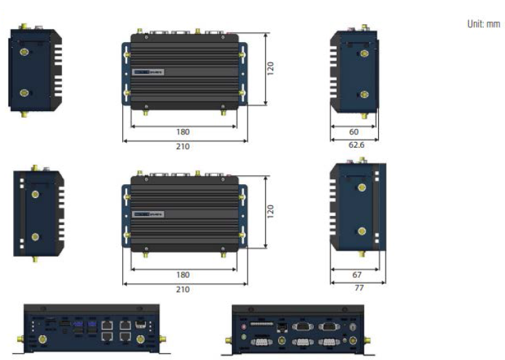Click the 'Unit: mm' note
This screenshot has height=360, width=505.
[x=483, y=23]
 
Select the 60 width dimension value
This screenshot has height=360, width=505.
[x=354, y=132]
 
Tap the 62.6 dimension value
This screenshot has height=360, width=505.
[x=354, y=146]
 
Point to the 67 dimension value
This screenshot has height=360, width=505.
[x=357, y=274]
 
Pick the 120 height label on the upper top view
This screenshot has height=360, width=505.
[x=271, y=68]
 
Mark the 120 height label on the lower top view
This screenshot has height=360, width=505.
[x=271, y=210]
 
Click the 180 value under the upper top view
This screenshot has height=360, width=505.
[x=183, y=132]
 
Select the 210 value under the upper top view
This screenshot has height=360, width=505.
[x=183, y=146]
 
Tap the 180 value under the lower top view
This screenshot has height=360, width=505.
[x=183, y=274]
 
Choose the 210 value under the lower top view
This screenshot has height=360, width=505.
[x=183, y=289]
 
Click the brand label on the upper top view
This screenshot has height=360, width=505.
[x=148, y=71]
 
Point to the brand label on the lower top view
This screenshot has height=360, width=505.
[x=148, y=214]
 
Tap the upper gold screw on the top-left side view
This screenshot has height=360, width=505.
[x=24, y=51]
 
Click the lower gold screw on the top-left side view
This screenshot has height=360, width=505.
[x=24, y=92]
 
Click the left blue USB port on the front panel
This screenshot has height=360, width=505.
[x=77, y=323]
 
